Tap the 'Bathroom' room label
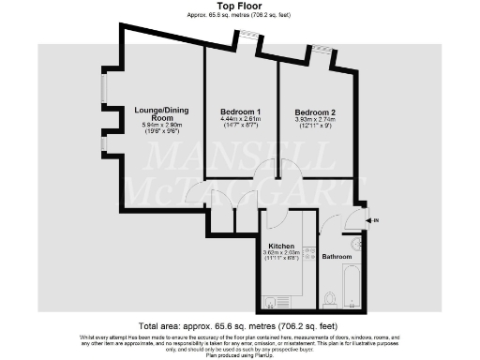pos(337,256)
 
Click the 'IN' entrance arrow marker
pos(374,221)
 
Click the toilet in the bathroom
pos(329,299)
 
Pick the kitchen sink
pos(270,302)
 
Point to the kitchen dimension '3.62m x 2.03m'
pos(282,253)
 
